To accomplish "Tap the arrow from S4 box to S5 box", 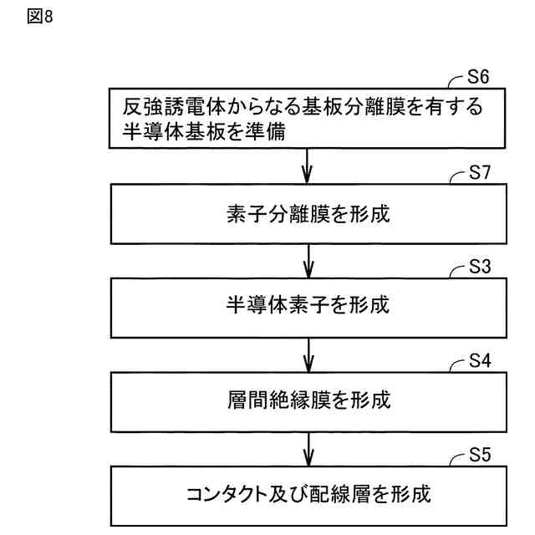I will (x=308, y=448).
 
